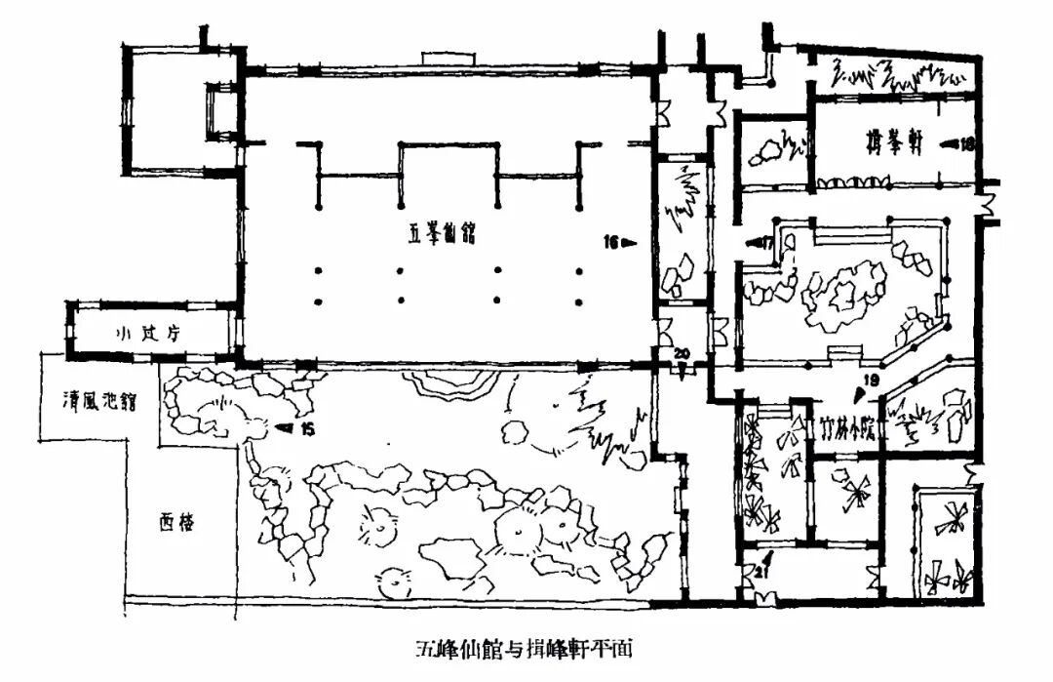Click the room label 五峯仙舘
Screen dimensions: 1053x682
tap(438, 235)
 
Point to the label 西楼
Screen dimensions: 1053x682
tap(176, 523)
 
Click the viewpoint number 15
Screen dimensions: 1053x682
tap(307, 428)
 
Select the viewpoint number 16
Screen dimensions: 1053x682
tap(609, 242)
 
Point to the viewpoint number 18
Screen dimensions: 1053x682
tap(967, 143)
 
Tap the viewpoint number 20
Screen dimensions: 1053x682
tap(682, 352)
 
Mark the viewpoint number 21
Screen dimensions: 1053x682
tap(759, 575)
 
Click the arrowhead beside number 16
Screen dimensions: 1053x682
tap(629, 242)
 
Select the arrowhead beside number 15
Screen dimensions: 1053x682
tap(285, 427)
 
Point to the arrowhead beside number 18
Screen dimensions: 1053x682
tap(949, 143)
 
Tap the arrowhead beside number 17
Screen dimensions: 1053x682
tap(754, 240)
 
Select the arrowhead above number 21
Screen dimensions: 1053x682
tap(768, 558)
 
